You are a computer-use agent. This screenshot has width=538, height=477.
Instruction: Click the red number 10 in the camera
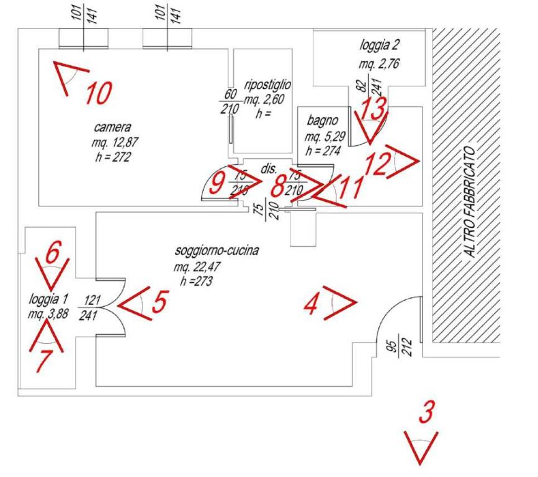click(99, 93)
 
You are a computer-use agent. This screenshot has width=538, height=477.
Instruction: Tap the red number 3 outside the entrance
click(425, 412)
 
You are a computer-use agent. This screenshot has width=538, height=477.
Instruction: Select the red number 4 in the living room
click(312, 304)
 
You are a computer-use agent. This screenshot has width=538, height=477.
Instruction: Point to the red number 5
click(159, 302)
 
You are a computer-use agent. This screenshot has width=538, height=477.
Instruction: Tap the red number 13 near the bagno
click(374, 110)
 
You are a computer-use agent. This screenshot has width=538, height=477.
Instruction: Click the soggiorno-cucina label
click(217, 252)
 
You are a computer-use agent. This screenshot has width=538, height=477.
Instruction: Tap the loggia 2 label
click(379, 45)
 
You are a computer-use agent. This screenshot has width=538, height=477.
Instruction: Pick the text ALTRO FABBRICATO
click(470, 202)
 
